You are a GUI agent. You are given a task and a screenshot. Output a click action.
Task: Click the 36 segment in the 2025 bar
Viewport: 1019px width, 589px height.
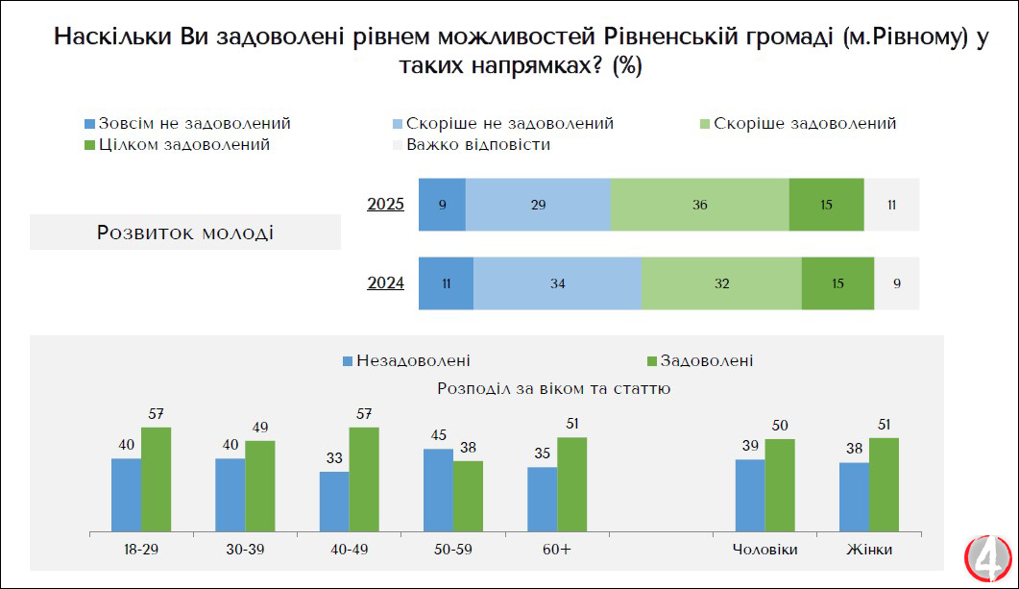point(699,205)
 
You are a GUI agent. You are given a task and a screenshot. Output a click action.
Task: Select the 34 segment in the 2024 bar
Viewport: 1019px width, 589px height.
point(557,283)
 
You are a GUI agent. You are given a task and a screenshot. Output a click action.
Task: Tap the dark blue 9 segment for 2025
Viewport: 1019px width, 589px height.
point(442,205)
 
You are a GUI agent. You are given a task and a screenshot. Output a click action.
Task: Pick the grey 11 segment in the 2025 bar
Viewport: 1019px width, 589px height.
point(891,205)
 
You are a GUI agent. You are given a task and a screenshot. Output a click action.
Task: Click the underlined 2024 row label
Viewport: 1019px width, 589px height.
point(385,283)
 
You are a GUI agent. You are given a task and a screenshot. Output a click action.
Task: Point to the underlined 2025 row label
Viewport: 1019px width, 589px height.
point(385,205)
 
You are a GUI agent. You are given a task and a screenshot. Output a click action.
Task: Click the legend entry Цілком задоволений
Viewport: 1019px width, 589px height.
point(177,145)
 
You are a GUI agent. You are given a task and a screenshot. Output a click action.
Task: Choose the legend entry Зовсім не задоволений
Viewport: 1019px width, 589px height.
point(187,124)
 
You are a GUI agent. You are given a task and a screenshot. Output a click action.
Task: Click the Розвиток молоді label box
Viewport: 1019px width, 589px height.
point(185,233)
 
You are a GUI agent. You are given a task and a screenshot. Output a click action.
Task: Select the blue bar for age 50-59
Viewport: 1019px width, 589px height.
point(438,489)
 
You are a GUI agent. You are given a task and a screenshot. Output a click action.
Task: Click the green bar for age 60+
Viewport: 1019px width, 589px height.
point(571,483)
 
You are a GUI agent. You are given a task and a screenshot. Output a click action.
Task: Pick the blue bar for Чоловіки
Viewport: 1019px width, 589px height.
point(750,494)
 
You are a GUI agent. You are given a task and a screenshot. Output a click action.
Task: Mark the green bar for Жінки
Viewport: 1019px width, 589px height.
point(884,483)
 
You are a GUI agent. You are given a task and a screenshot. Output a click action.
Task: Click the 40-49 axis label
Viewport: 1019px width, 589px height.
point(350,550)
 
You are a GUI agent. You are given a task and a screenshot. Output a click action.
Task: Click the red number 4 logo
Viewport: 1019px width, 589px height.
point(988,558)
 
